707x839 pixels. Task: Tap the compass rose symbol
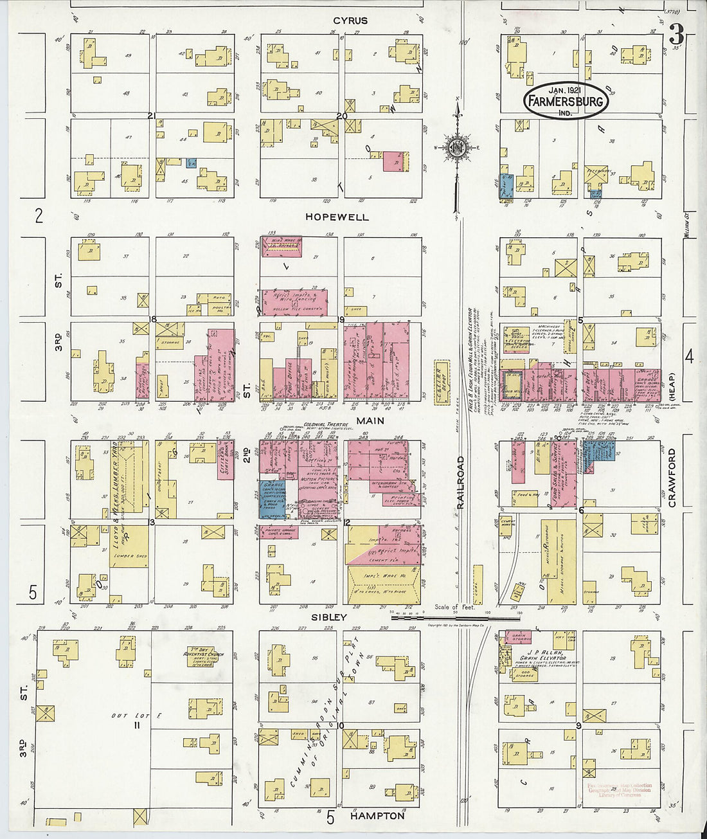point(456,149)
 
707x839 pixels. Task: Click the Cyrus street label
point(350,21)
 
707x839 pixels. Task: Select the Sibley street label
point(329,617)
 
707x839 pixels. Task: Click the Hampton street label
point(377,815)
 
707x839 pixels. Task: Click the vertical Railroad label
point(460,483)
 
